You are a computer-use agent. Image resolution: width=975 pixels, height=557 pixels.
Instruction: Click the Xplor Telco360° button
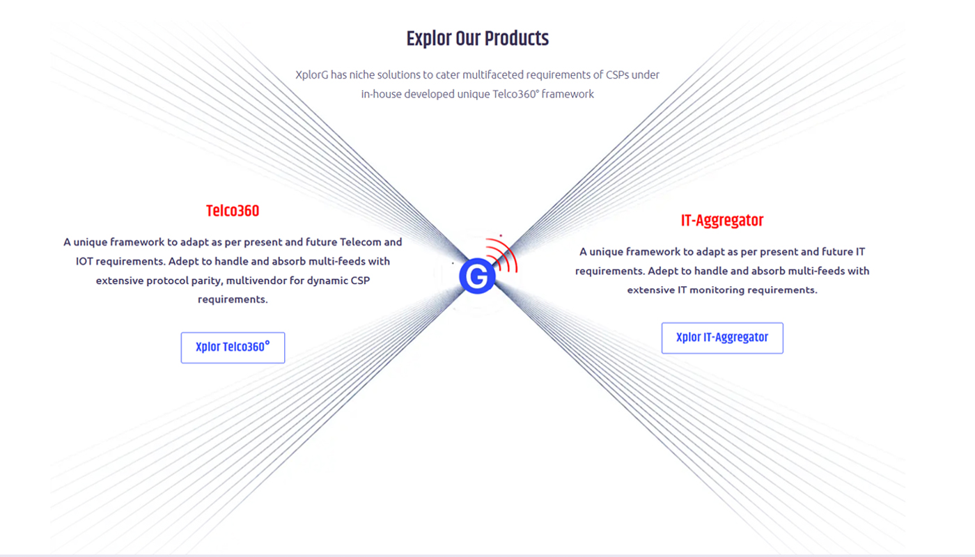(233, 347)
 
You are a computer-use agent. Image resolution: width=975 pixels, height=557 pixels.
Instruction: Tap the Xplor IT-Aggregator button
(722, 338)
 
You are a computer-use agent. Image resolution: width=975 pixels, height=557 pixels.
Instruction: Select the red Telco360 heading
(233, 211)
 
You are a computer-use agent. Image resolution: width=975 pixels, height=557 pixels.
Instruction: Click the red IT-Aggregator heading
(722, 221)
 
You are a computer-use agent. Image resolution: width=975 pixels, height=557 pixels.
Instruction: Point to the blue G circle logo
(477, 276)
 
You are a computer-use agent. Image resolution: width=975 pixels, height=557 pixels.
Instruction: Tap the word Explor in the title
(429, 39)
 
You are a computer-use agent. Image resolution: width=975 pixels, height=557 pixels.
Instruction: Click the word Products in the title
(517, 38)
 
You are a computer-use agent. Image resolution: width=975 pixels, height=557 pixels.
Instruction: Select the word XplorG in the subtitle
(312, 75)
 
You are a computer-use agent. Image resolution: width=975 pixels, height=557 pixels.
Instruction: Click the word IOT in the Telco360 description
(84, 261)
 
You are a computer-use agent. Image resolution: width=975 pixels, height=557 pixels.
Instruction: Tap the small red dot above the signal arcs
(501, 235)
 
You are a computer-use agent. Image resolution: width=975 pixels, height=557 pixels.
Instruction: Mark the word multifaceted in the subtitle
(493, 75)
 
